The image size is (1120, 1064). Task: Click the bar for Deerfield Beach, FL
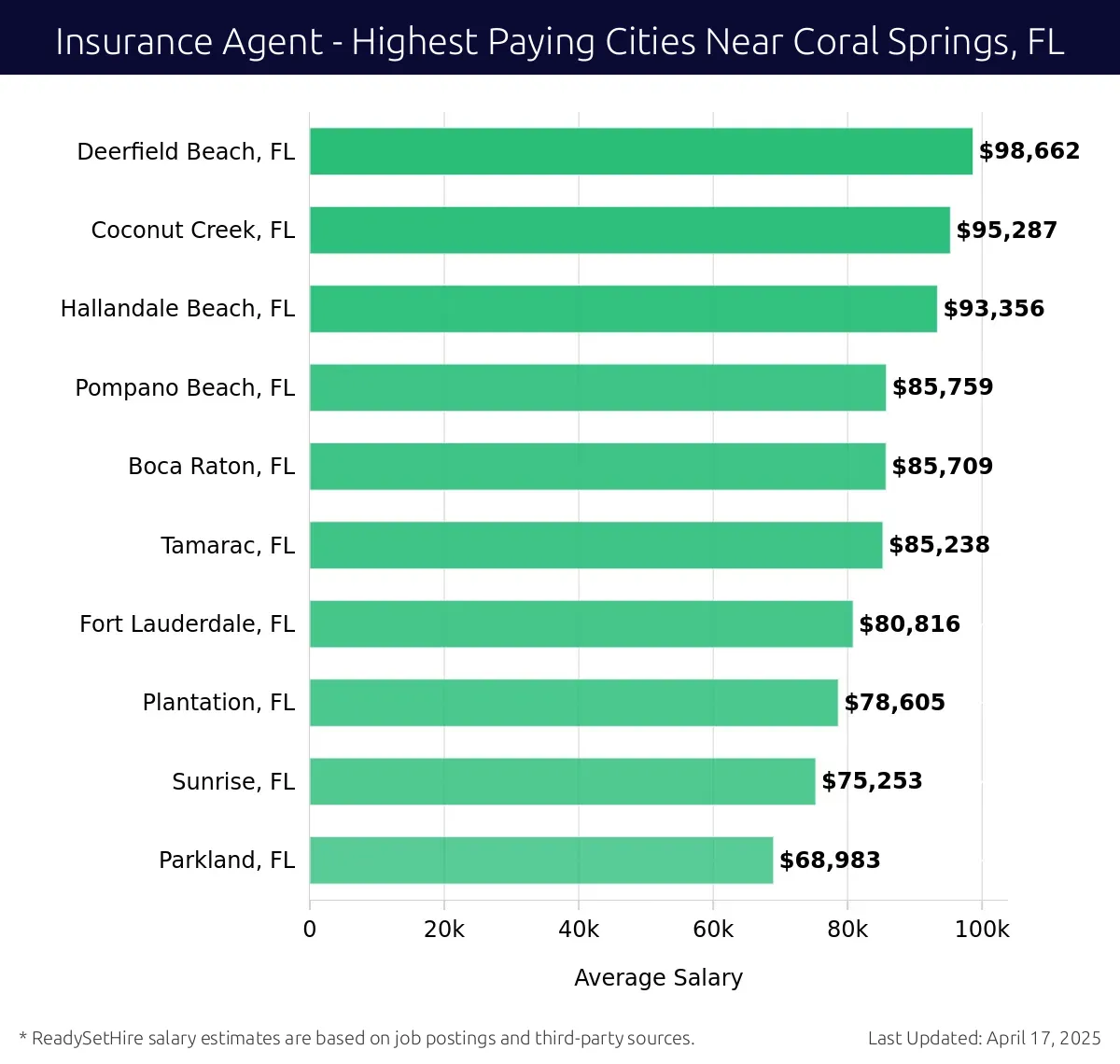640,151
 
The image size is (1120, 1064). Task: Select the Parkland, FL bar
541,860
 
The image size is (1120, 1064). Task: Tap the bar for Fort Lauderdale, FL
581,623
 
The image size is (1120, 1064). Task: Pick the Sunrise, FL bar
562,781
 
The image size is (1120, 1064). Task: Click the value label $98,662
1029,151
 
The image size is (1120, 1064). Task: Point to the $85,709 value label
942,466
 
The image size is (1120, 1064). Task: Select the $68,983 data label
830,860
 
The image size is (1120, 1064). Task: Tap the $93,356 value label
993,309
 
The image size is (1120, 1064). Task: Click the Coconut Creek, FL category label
192,231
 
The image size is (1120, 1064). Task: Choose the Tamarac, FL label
227,545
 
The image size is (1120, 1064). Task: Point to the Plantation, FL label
218,703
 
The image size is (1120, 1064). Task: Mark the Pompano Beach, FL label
185,387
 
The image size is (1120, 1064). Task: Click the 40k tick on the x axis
579,930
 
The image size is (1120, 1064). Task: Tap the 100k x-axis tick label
982,930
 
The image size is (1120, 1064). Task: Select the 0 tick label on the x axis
310,930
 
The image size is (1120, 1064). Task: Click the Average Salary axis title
658,977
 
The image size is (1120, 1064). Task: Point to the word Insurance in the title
120,42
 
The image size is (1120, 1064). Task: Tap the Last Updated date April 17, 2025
1043,1038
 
